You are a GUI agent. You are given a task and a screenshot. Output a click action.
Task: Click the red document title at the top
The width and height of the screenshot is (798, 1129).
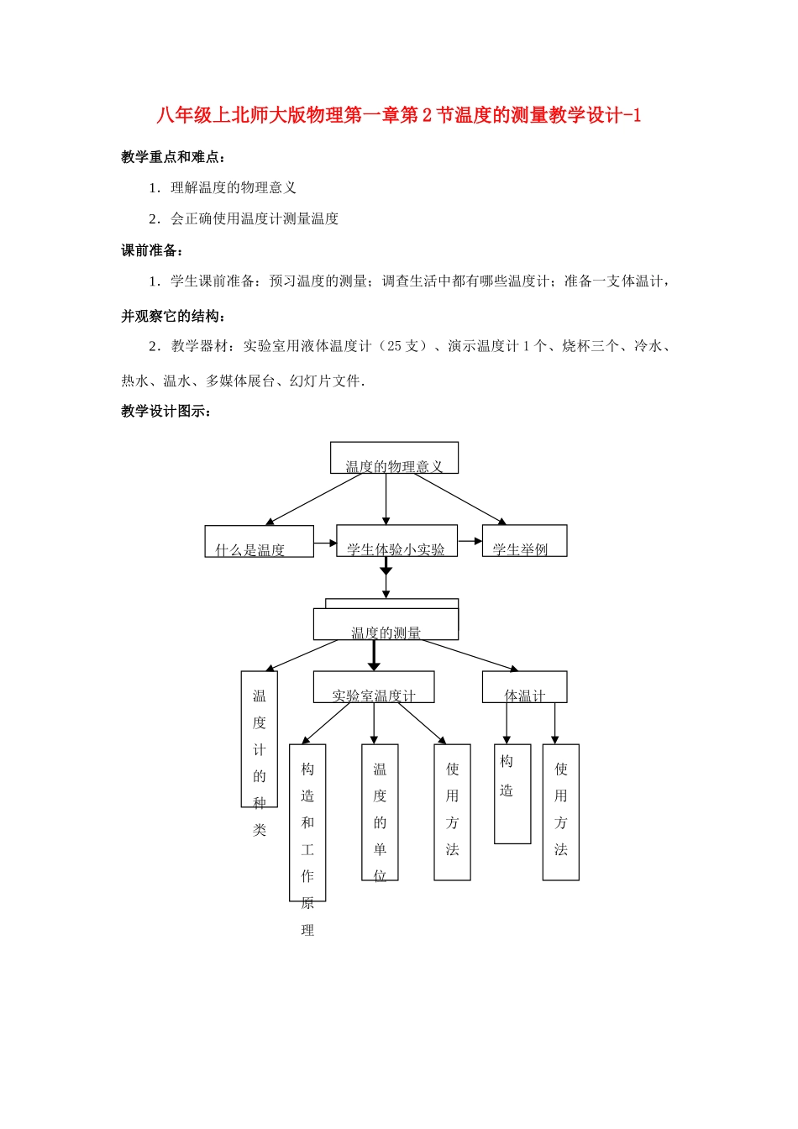coord(398,116)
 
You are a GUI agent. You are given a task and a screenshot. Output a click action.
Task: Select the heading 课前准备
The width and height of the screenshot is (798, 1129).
coord(151,250)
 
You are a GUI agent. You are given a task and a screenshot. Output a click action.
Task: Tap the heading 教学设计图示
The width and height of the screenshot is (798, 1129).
coord(165,411)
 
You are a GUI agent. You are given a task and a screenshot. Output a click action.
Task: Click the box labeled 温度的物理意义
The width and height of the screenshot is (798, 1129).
coord(394,459)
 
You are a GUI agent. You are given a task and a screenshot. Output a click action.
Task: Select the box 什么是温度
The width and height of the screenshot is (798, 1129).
coord(259,542)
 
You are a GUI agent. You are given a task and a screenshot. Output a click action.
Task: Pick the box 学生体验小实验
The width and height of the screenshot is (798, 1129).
coord(396,542)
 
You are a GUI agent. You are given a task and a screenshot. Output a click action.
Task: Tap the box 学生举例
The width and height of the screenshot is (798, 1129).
coord(524,542)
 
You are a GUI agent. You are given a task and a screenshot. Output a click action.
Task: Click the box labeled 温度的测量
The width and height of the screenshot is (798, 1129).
coord(386,625)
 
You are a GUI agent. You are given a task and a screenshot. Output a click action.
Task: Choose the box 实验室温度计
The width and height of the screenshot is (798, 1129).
coord(374,687)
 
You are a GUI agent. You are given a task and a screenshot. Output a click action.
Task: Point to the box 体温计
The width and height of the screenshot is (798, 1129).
coord(524,687)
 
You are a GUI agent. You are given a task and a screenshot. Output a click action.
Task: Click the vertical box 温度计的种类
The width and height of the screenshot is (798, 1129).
coord(259,739)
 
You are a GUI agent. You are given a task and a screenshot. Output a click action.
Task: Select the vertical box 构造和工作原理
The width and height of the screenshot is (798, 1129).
coord(307,823)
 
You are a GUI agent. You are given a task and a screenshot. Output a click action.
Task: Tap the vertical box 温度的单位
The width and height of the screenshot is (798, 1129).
coord(380,812)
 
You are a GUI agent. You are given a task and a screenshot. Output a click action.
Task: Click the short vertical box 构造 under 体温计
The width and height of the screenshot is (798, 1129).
coord(512,794)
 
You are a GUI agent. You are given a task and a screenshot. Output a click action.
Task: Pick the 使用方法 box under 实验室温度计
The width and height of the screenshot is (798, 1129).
coord(452,812)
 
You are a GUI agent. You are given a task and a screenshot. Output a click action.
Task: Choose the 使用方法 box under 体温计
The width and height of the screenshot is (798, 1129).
coord(560,812)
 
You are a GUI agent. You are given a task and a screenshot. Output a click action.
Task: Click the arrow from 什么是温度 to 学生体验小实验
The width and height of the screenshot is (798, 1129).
coord(325,543)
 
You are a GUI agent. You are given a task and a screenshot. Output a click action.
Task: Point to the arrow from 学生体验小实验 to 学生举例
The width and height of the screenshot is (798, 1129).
coord(470,541)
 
